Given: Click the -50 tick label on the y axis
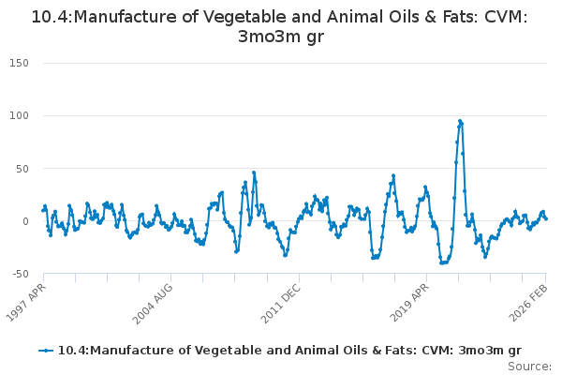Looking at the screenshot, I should (21, 274).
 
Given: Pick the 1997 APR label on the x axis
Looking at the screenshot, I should (25, 302).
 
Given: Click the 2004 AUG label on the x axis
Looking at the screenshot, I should (152, 302).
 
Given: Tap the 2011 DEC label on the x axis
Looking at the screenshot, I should (280, 302).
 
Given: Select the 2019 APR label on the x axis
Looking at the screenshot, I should (408, 302).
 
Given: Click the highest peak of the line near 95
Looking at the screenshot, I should (460, 121).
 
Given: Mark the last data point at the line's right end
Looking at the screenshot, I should (546, 218).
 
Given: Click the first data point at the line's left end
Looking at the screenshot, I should (43, 210).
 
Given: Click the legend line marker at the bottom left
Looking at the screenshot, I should (46, 351).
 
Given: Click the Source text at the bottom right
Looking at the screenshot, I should (529, 366).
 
